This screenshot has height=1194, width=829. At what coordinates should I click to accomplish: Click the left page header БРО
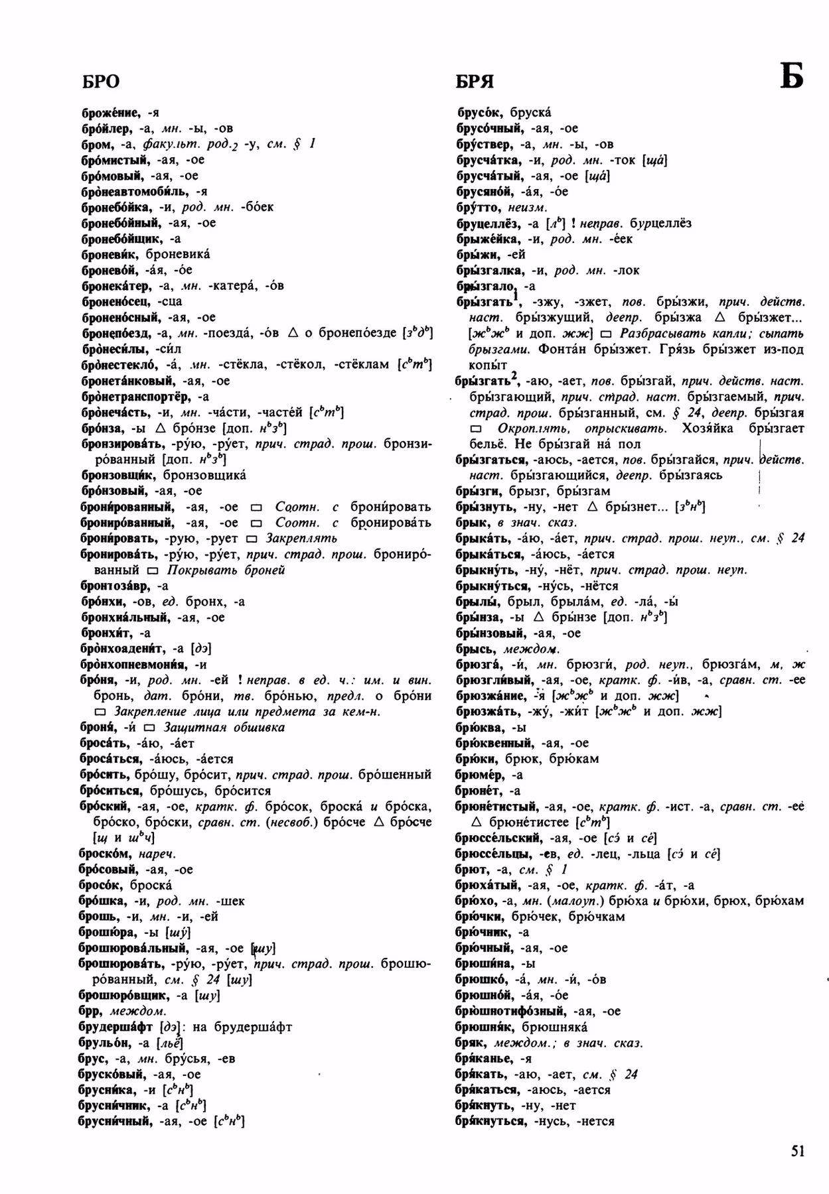coord(100,82)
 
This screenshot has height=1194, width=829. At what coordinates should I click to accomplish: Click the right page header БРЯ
coord(475,82)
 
